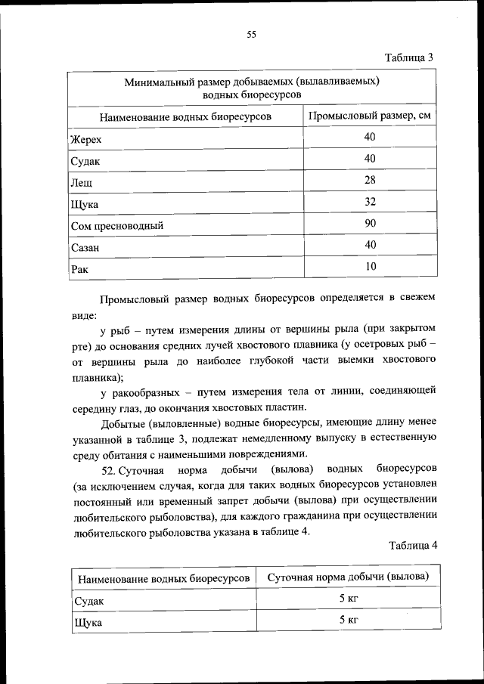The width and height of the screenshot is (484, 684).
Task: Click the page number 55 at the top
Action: [252, 33]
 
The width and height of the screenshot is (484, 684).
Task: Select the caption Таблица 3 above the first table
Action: [408, 57]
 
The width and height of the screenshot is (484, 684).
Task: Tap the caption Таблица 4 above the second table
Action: [412, 545]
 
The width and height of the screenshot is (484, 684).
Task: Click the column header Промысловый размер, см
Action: [371, 116]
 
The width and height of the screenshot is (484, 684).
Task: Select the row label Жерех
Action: [85, 140]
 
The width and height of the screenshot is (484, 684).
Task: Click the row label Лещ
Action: [82, 182]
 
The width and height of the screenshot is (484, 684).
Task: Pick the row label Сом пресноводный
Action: [116, 225]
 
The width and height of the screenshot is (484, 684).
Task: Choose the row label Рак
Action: [79, 268]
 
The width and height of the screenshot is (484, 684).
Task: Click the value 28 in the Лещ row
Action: [370, 180]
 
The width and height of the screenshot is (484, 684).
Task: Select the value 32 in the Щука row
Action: [370, 202]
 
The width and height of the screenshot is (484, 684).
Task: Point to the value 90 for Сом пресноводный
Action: [370, 223]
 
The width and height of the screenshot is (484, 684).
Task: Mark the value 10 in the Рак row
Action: [370, 266]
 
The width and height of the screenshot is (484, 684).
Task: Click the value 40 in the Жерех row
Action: [370, 137]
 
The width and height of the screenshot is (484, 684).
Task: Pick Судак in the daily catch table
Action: [88, 601]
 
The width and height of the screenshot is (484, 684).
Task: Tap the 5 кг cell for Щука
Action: [348, 620]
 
